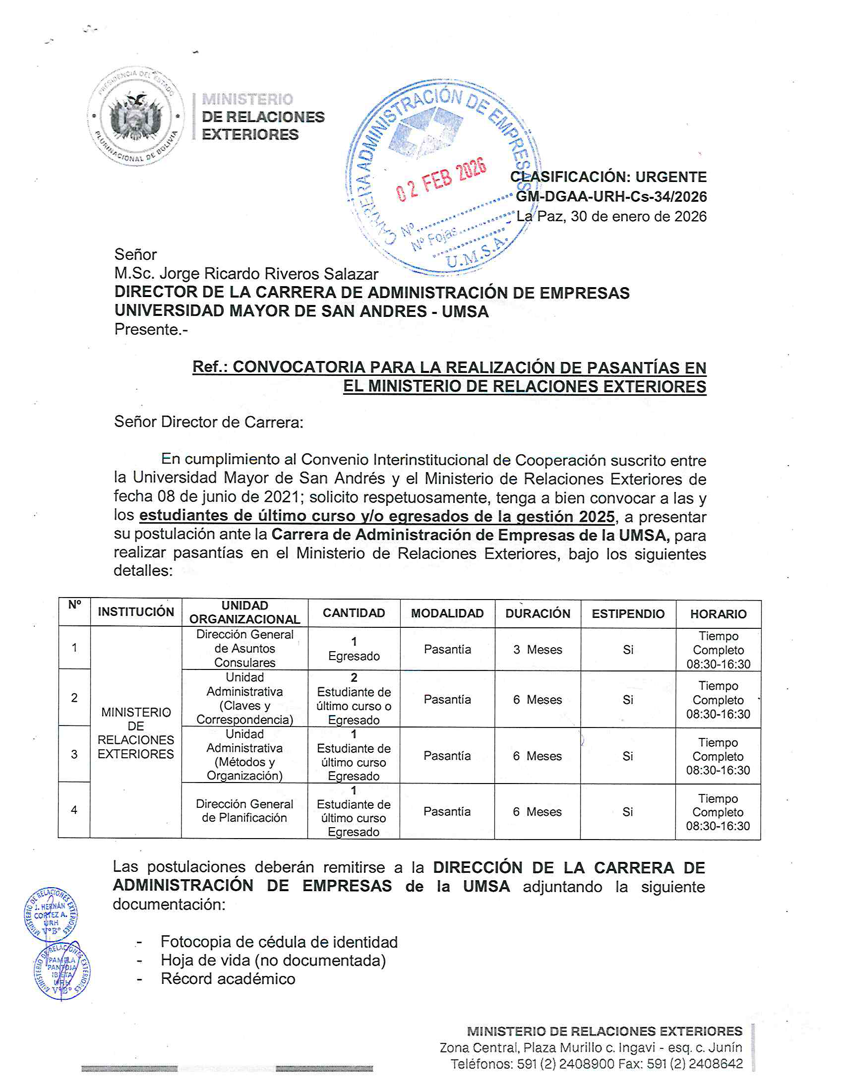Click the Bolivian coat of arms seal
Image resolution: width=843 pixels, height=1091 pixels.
click(135, 116)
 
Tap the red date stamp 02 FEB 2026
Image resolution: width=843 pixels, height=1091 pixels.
click(440, 180)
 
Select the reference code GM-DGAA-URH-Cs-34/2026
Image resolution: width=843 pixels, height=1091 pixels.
click(611, 196)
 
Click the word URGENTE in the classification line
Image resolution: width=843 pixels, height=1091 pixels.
click(671, 177)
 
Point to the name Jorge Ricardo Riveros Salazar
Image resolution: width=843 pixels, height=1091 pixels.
click(269, 274)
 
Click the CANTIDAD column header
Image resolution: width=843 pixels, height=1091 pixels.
click(354, 613)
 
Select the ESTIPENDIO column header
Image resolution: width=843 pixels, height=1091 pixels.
click(628, 613)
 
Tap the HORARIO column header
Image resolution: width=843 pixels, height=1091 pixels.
click(718, 613)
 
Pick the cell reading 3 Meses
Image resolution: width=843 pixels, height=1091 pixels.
click(538, 650)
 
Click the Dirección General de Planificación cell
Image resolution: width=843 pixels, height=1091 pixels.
click(244, 810)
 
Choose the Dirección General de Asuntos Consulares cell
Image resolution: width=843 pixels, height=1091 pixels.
click(244, 649)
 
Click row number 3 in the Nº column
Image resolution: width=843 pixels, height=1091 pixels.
click(74, 754)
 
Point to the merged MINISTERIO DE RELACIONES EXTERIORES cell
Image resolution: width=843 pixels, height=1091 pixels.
click(136, 733)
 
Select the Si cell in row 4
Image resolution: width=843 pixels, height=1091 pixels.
click(627, 812)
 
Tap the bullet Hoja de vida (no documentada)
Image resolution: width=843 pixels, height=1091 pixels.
click(273, 960)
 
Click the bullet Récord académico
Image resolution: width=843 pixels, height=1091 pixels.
click(228, 978)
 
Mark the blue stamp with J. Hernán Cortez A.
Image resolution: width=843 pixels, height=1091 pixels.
click(51, 915)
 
